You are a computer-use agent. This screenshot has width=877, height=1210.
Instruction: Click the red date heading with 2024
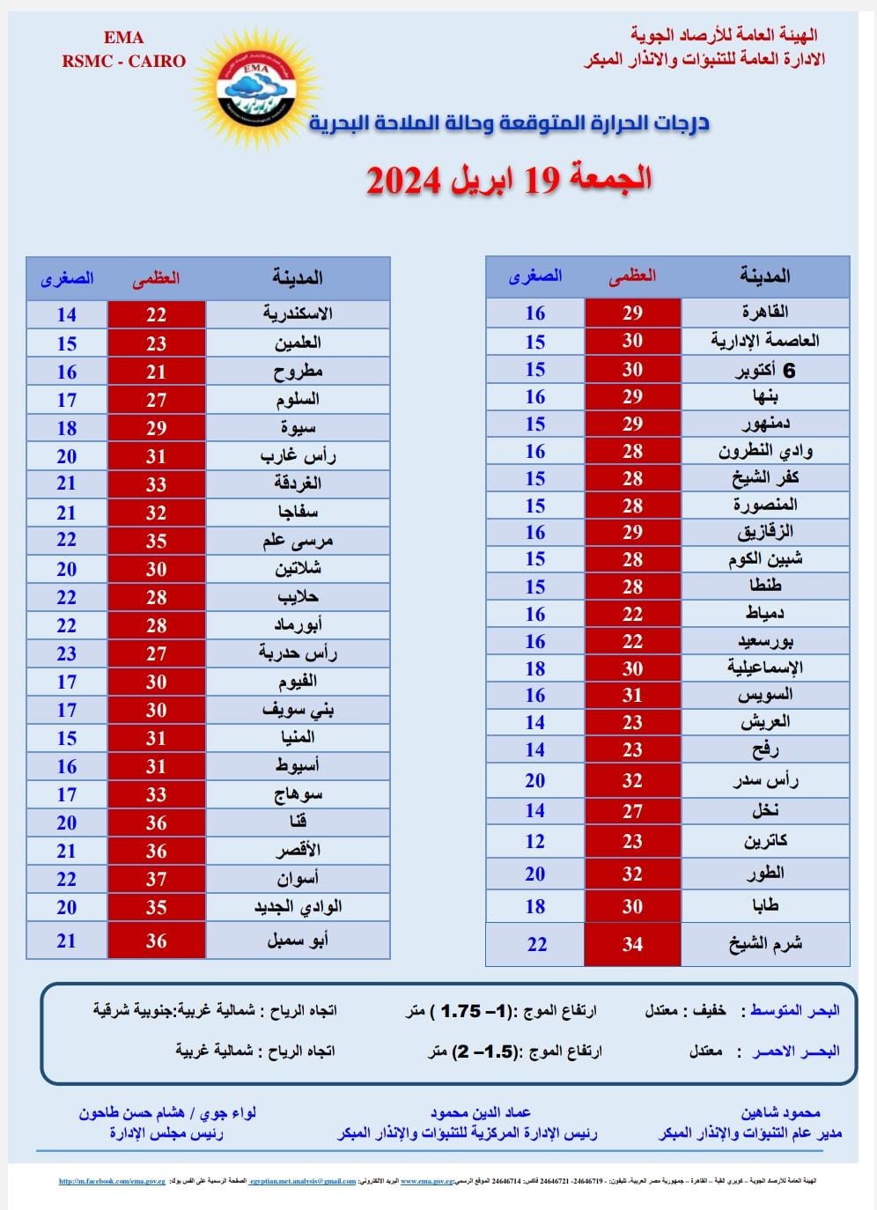pyautogui.click(x=509, y=179)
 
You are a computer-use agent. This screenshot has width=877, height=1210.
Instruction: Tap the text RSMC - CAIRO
pyautogui.click(x=123, y=61)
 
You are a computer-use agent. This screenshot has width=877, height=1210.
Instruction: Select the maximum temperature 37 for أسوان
pyautogui.click(x=157, y=879)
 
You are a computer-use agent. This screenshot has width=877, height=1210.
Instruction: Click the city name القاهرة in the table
pyautogui.click(x=765, y=313)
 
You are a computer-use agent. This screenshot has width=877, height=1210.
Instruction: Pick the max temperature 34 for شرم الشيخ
pyautogui.click(x=632, y=944)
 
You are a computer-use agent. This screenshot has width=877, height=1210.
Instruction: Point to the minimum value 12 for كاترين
pyautogui.click(x=535, y=841)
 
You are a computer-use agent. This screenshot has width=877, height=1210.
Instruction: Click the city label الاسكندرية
pyautogui.click(x=298, y=314)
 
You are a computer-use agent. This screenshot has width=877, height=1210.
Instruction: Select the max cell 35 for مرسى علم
pyautogui.click(x=157, y=541)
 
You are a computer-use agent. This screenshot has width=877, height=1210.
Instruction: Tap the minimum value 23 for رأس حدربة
pyautogui.click(x=67, y=653)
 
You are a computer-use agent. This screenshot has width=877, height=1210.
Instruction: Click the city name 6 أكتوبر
pyautogui.click(x=765, y=370)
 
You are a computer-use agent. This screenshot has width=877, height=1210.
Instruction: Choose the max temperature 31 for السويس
pyautogui.click(x=632, y=695)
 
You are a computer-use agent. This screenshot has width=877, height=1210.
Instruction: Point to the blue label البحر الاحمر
pyautogui.click(x=796, y=1051)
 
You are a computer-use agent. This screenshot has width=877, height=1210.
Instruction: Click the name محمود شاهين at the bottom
pyautogui.click(x=780, y=1113)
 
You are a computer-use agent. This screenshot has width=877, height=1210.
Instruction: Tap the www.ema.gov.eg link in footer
pyautogui.click(x=426, y=1182)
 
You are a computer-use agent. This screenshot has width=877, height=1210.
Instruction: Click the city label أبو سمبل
pyautogui.click(x=298, y=941)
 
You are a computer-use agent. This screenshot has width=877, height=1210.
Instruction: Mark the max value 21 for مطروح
pyautogui.click(x=157, y=372)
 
